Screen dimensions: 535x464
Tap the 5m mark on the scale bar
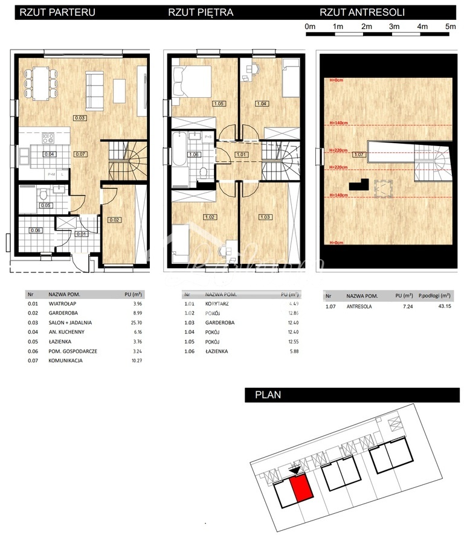point(450,27)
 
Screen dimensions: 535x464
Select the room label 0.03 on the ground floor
point(80,117)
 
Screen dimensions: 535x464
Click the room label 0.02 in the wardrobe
point(115,220)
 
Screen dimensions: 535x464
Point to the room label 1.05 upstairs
point(219,104)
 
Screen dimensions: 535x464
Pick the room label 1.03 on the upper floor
point(264,217)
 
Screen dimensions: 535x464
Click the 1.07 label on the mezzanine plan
point(358,155)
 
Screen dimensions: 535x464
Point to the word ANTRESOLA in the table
point(359,306)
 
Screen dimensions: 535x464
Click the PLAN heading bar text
point(268,396)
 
